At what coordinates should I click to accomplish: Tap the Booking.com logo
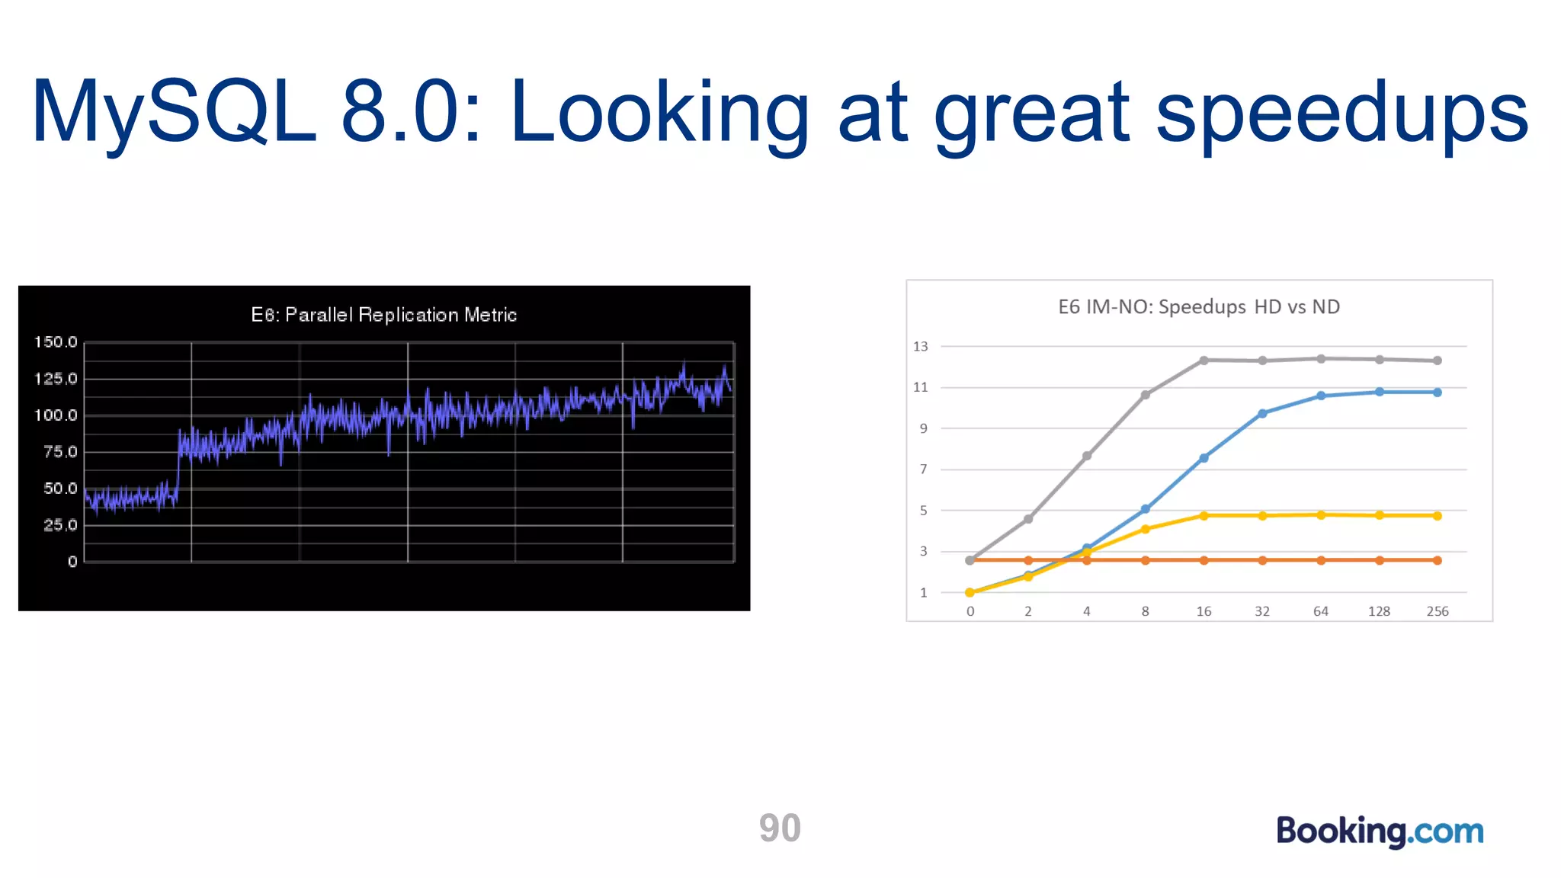(1380, 831)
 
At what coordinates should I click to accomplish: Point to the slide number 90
(780, 828)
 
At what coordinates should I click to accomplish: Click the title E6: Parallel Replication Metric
(383, 315)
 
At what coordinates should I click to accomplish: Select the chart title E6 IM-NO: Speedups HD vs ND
(1198, 307)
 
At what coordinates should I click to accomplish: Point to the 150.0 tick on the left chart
(56, 342)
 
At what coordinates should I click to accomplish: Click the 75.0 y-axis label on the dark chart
(60, 452)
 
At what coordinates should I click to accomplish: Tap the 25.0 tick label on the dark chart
(60, 525)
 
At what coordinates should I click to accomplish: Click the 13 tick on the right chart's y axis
(921, 347)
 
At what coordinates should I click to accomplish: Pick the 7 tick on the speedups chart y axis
(924, 469)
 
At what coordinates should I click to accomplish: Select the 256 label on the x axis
(1437, 611)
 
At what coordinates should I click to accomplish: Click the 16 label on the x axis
(1204, 611)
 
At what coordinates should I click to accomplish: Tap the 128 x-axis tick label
(1379, 611)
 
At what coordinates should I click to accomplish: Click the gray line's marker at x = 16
(1204, 360)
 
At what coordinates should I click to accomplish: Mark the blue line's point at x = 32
(1262, 414)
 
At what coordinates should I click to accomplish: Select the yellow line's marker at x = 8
(1145, 529)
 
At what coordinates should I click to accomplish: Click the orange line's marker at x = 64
(1321, 560)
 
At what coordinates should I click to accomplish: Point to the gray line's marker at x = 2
(1028, 519)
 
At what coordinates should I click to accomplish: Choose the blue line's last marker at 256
(1438, 393)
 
